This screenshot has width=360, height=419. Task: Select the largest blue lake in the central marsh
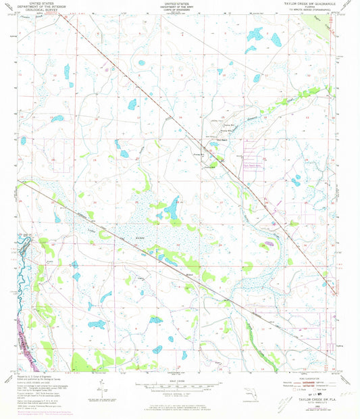172,209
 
